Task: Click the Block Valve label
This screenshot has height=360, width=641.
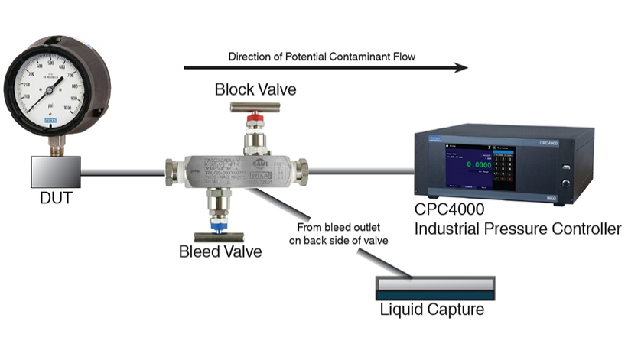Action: point(255,90)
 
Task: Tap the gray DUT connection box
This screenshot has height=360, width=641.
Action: point(56,172)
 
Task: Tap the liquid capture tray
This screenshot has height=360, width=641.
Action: point(434,288)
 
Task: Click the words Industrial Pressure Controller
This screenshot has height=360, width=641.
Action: point(517,229)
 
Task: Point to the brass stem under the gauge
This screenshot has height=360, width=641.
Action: point(56,145)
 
